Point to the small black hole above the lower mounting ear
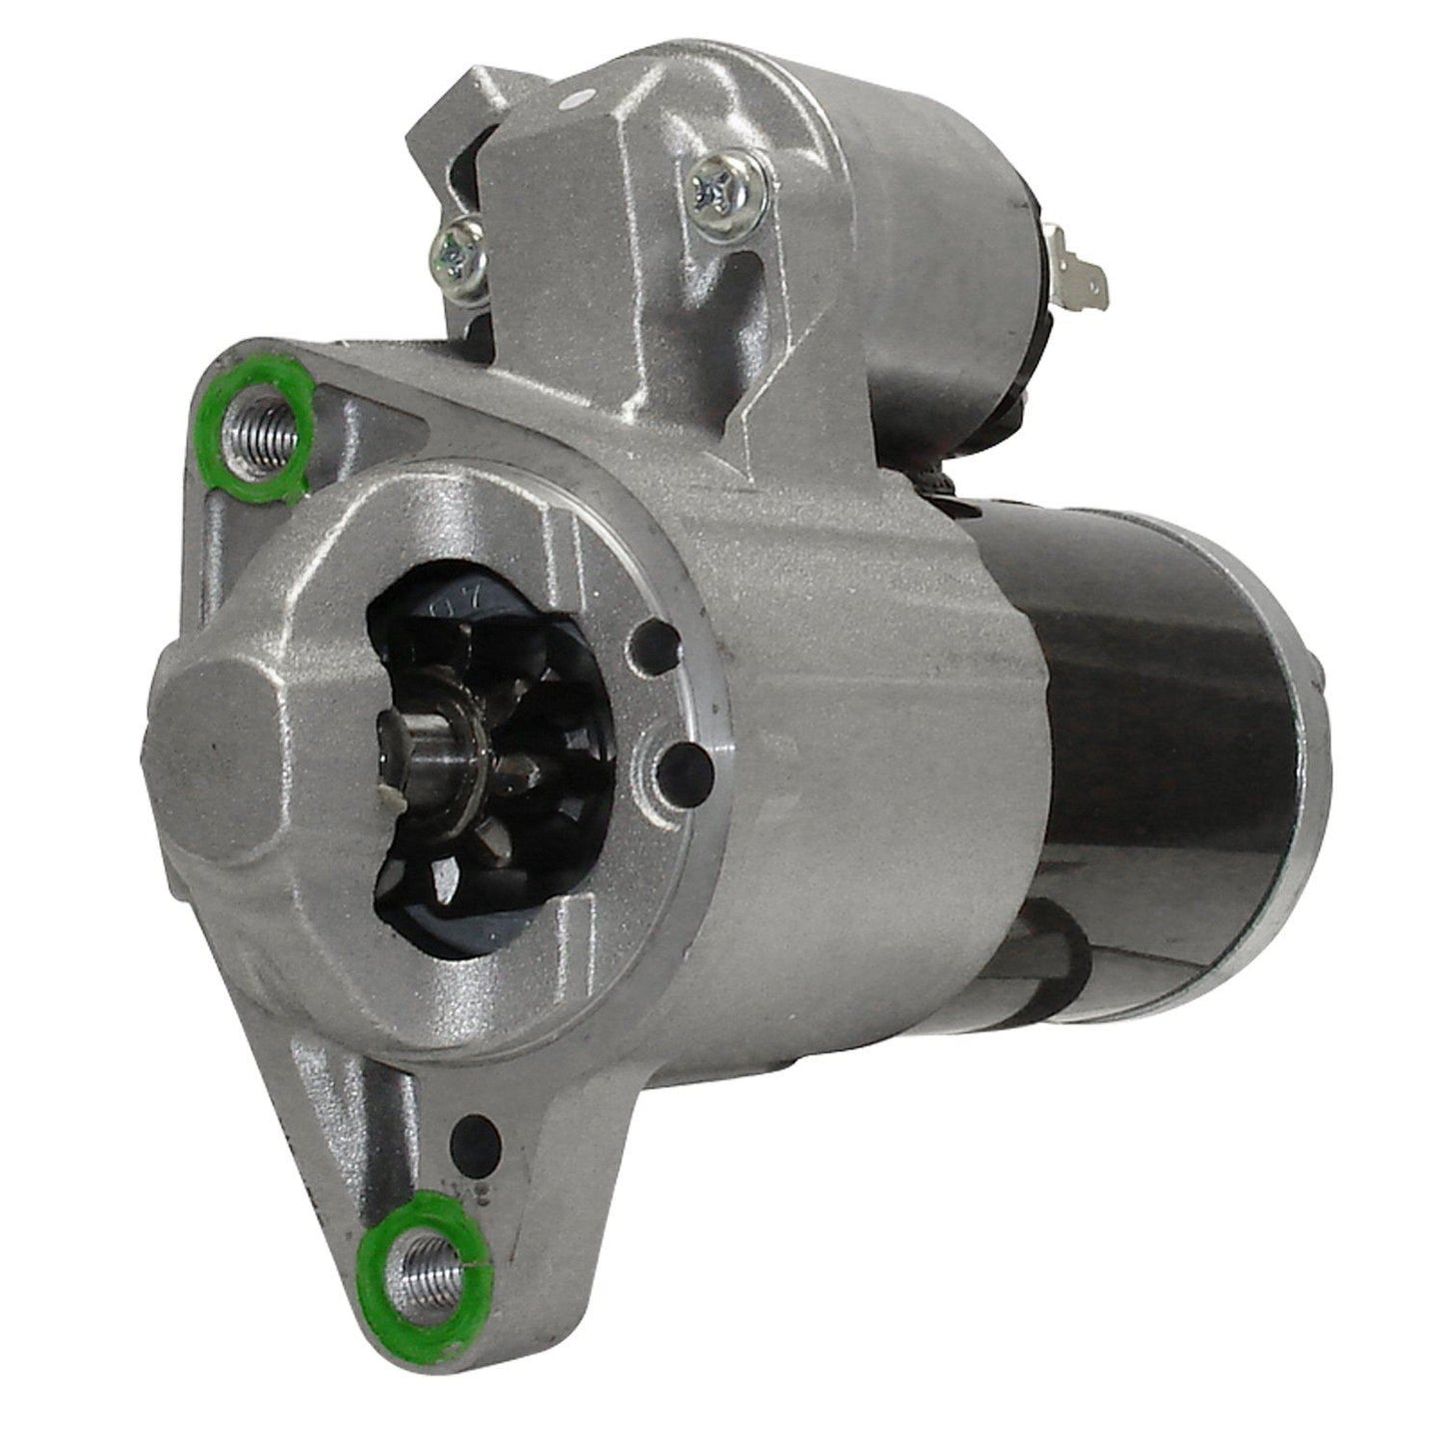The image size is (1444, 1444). coord(476,1132)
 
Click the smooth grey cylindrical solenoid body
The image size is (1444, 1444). coord(899,200)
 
